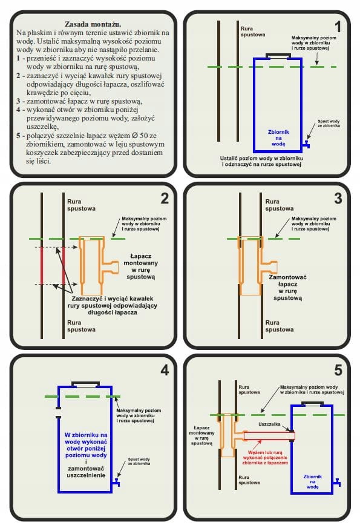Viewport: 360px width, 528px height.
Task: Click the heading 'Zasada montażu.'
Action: pyautogui.click(x=93, y=24)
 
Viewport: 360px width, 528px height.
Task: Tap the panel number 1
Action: pyautogui.click(x=338, y=27)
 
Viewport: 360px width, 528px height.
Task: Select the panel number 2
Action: pyautogui.click(x=165, y=199)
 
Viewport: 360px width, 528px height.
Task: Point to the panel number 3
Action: pyautogui.click(x=338, y=199)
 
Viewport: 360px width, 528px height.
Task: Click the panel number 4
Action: pyautogui.click(x=165, y=371)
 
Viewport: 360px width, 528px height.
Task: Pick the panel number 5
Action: pyautogui.click(x=338, y=371)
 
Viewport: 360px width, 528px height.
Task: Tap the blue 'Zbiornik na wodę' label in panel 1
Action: pyautogui.click(x=278, y=137)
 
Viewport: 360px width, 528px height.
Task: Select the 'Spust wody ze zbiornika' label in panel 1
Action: pyautogui.click(x=329, y=124)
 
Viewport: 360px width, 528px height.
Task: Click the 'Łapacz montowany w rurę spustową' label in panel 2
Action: pyautogui.click(x=140, y=266)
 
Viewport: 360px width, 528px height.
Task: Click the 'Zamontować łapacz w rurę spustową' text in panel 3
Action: pyautogui.click(x=287, y=288)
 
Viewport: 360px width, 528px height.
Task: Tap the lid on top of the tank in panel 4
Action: pyautogui.click(x=86, y=384)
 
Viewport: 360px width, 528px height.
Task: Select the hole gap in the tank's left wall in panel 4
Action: pyautogui.click(x=59, y=413)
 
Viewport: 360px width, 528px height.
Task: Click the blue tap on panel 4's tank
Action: pyautogui.click(x=116, y=482)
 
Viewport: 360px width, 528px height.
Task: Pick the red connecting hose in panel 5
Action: pyautogui.click(x=269, y=436)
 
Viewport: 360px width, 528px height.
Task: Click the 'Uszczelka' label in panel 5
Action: pyautogui.click(x=269, y=424)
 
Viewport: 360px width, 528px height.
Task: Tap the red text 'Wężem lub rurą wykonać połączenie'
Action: pyautogui.click(x=265, y=455)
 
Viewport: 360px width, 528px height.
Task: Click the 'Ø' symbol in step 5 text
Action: pyautogui.click(x=135, y=136)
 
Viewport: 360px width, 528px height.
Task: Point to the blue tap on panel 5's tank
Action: pyautogui.click(x=337, y=483)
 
